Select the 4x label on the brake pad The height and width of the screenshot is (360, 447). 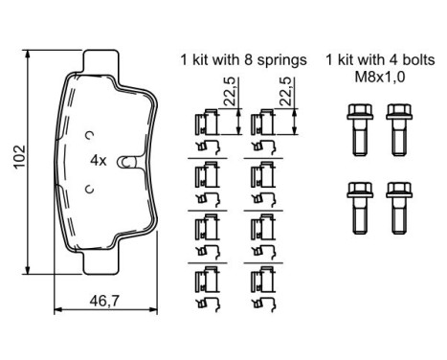pyautogui.click(x=97, y=160)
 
